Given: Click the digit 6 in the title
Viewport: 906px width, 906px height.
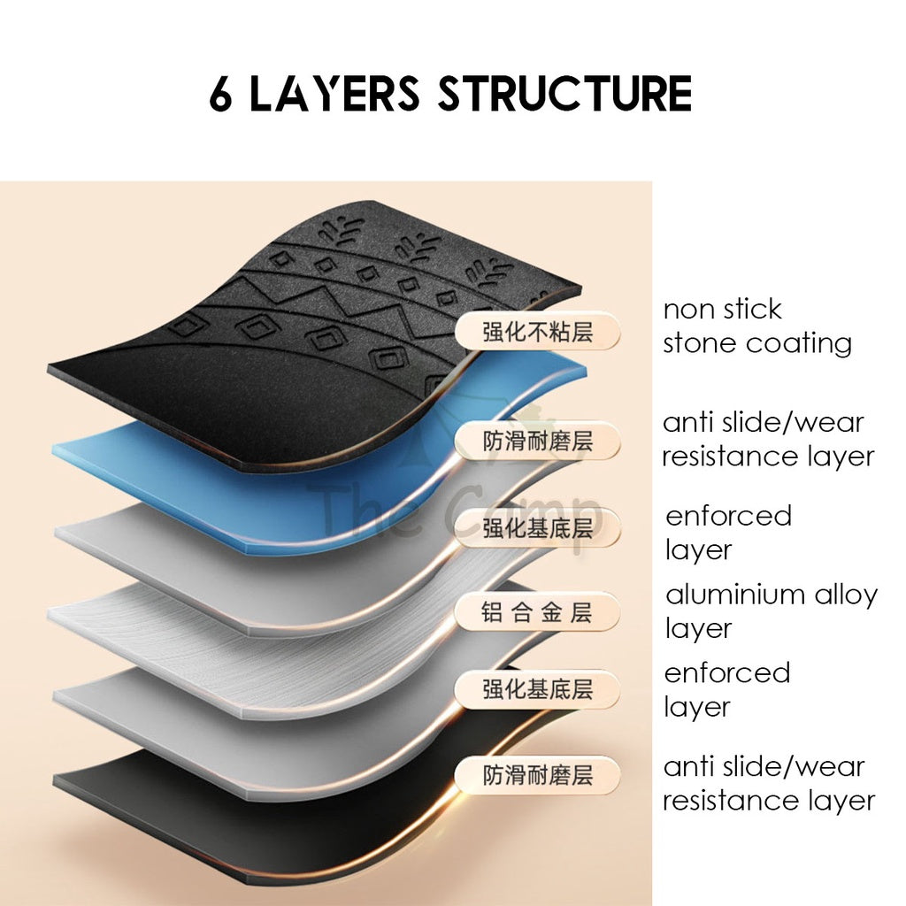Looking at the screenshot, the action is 220,94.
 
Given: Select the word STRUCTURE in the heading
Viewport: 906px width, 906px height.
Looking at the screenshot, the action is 565,93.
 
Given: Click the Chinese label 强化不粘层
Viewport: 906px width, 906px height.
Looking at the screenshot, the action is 537,333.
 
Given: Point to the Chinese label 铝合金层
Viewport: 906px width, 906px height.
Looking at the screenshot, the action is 537,612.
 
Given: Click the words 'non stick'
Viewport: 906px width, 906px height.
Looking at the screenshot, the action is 722,309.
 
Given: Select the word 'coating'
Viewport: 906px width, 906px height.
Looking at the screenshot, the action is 799,345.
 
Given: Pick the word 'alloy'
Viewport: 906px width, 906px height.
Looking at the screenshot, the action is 846,596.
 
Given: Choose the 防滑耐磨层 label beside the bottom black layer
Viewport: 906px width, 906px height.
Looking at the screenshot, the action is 537,775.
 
